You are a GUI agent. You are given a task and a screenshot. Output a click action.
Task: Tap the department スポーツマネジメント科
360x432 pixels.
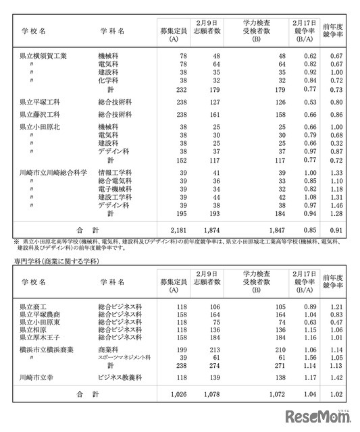[125, 357]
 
